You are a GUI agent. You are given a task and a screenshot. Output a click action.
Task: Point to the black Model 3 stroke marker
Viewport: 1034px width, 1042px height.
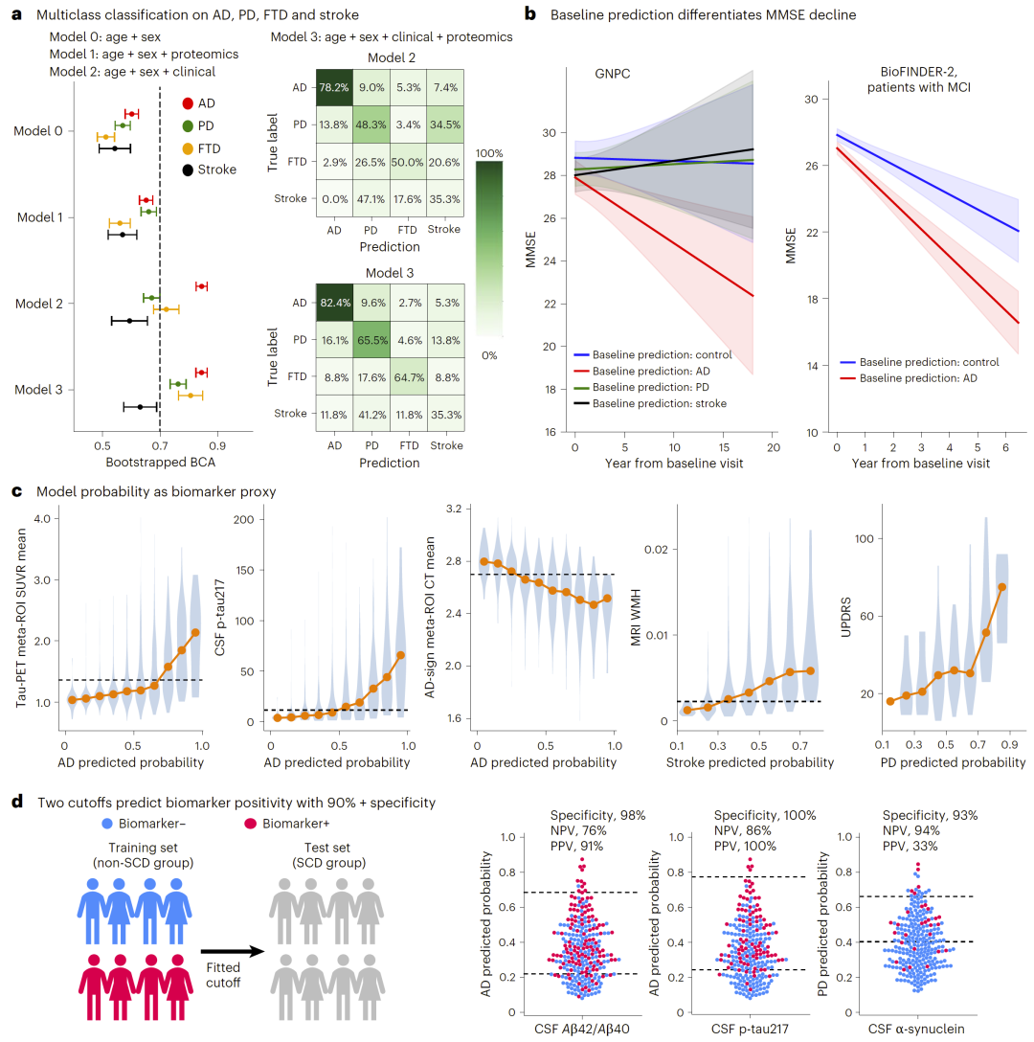click(x=140, y=407)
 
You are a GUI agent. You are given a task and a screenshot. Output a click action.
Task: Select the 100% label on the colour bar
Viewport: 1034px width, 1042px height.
click(x=489, y=153)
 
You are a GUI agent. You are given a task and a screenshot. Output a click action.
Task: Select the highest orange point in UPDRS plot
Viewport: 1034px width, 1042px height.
click(x=1001, y=587)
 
